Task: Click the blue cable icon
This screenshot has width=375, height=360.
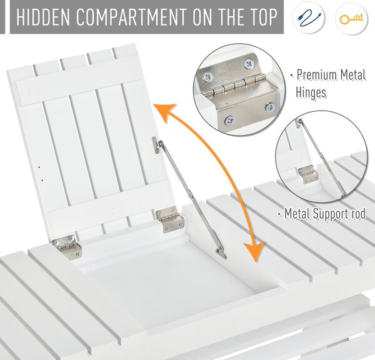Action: tap(309, 18)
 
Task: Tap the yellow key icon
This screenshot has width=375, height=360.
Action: tap(351, 19)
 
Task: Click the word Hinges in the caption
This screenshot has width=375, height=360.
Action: tap(311, 92)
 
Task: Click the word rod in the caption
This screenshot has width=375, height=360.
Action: tap(359, 213)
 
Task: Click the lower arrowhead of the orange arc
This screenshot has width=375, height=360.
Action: tap(255, 251)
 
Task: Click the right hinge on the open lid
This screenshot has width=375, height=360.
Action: tap(170, 219)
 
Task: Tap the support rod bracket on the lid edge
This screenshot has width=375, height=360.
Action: tap(156, 144)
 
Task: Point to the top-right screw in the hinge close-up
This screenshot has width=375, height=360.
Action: tap(249, 64)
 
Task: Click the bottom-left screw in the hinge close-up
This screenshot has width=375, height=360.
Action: tap(229, 120)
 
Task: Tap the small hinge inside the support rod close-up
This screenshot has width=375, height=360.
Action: tap(307, 174)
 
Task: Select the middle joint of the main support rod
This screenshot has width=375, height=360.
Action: tap(191, 195)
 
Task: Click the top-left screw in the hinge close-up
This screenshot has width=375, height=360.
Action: tap(207, 77)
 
